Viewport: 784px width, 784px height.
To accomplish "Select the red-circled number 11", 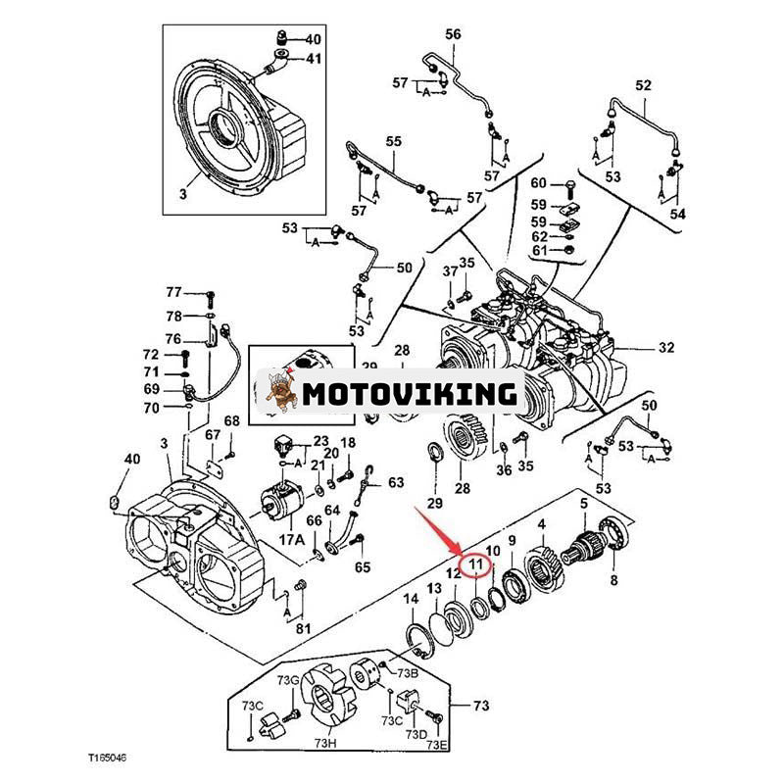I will point(476,566).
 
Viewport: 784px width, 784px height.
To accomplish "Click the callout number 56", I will point(452,34).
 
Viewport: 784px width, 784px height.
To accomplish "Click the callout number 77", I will point(173,292).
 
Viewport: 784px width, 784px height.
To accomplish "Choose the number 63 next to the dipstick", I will point(395,482).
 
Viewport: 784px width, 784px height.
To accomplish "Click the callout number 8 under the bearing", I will point(614,580).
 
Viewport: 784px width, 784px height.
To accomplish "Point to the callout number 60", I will point(539,183).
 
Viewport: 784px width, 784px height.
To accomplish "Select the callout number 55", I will point(393,142).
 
